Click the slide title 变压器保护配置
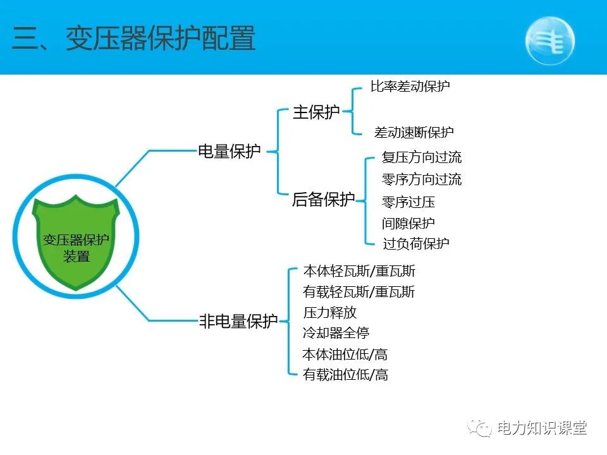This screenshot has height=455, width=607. pos(134,39)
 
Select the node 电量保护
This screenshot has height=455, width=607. pos(230,151)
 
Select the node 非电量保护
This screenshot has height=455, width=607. pos(238,321)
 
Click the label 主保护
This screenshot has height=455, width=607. pos(316,112)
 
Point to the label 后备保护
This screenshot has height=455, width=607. pos(323,200)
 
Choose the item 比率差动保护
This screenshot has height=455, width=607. pos(410,87)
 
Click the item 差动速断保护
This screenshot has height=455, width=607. pos(414,133)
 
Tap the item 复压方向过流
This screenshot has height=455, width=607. pos(422,157)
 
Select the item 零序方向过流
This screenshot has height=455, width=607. pos(422,179)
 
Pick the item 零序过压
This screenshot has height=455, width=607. pos(408,202)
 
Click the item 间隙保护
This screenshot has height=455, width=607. pos(408,223)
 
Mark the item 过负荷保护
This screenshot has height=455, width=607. pos(415,243)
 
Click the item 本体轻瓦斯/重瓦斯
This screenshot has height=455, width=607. pos(359,271)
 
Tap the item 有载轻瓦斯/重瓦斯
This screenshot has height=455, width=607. pos(359,292)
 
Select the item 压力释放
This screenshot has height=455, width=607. pos(330,313)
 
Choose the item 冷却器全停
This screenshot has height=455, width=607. pos(336,333)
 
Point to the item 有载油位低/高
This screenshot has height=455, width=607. pos(345,375)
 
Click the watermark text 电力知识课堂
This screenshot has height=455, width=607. pos(542,428)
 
